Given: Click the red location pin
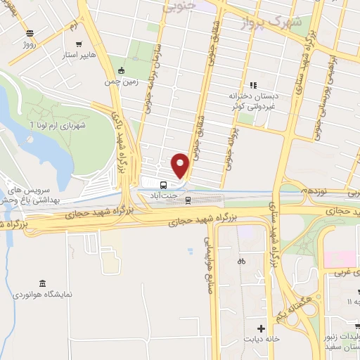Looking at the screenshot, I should (181, 165).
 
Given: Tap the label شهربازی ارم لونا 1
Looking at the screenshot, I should (56, 124).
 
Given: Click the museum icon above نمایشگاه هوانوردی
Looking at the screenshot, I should (44, 283).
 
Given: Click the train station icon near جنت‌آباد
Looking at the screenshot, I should (188, 200).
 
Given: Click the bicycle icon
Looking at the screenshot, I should (240, 260).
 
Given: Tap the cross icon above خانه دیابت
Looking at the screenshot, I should (262, 328).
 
